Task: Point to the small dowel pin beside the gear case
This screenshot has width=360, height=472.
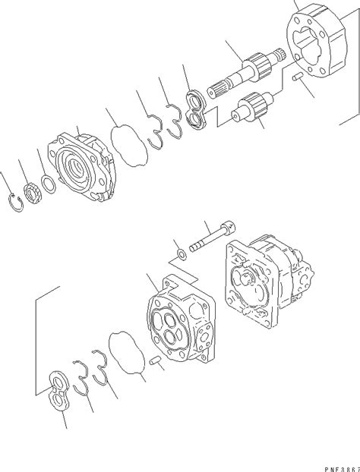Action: pyautogui.click(x=298, y=78)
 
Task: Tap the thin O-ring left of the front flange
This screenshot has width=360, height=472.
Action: pyautogui.click(x=49, y=184)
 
